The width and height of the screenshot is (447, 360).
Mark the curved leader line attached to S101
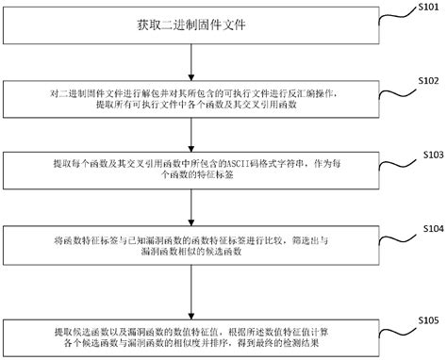pyautogui.click(x=394, y=13)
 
